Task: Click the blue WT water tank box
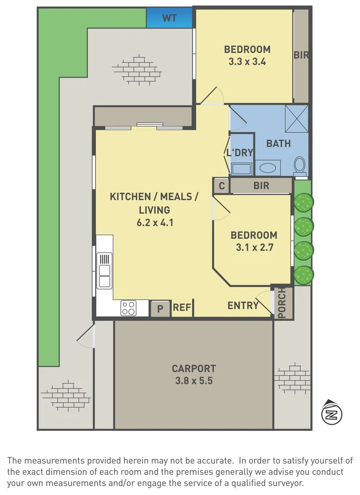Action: click(x=169, y=18)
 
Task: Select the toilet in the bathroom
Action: click(x=300, y=166)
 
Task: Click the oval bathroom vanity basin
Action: click(x=268, y=167)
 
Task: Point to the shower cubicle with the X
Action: click(x=297, y=119)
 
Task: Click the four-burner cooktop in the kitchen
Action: click(x=128, y=308)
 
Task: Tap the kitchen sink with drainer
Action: click(x=104, y=270)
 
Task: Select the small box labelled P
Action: click(x=160, y=308)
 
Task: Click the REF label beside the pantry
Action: click(x=182, y=307)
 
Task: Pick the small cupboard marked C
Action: click(x=222, y=186)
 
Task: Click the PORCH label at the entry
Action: click(x=282, y=303)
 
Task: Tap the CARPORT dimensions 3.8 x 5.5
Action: click(x=194, y=381)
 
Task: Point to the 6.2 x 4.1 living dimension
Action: click(x=155, y=223)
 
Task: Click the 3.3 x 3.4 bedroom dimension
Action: click(x=247, y=61)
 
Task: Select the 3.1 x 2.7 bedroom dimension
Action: click(x=255, y=247)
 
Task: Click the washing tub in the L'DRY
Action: click(x=242, y=169)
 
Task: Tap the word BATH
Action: click(x=278, y=143)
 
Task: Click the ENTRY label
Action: click(x=243, y=305)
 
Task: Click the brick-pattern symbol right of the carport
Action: click(x=293, y=378)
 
